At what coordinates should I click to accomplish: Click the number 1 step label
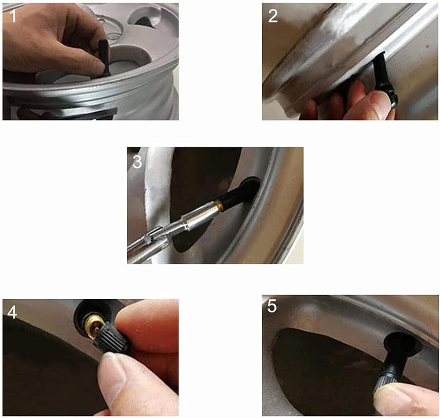click(x=13, y=16)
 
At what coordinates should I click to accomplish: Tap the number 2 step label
click(x=273, y=16)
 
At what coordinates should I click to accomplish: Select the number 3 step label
click(x=137, y=162)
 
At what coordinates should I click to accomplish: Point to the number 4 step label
click(x=12, y=312)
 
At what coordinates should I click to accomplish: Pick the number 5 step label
click(x=271, y=306)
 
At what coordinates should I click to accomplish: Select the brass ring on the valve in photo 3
click(x=218, y=204)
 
